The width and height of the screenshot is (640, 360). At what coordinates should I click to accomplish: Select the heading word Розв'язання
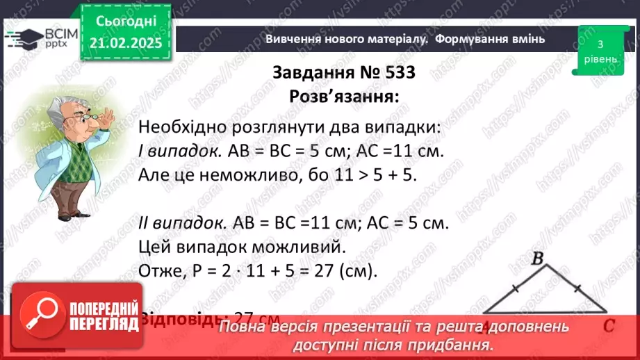(x=345, y=97)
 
